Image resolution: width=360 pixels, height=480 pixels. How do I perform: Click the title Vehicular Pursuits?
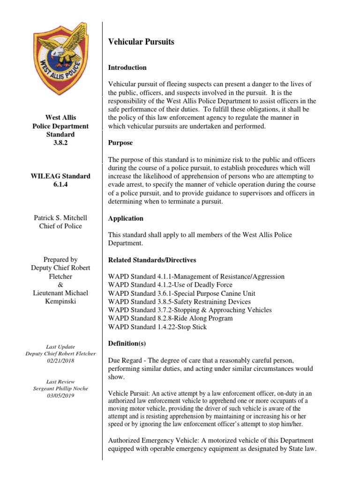[141, 42]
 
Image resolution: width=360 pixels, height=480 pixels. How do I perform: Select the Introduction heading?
[127, 67]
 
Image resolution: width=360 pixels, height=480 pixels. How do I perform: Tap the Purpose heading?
[120, 142]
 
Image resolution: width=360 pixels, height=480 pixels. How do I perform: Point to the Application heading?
[126, 218]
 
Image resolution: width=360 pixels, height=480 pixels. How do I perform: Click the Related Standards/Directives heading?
[152, 260]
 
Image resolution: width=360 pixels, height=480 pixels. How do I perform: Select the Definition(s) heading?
[127, 344]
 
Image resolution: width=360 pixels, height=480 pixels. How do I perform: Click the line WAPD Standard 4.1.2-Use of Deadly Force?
[170, 285]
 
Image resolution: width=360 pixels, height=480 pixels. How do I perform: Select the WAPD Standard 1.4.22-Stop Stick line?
[157, 327]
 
